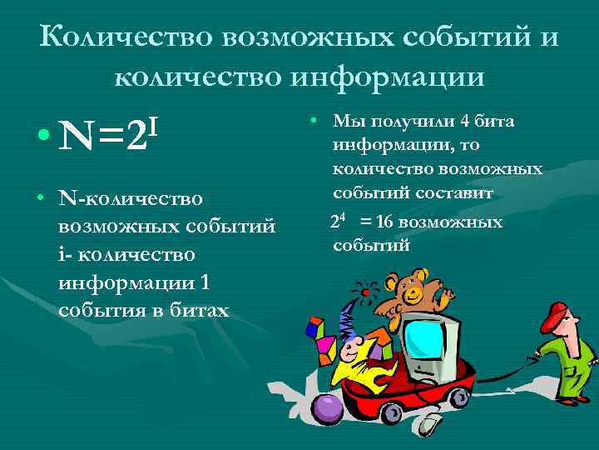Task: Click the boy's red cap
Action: (556, 314)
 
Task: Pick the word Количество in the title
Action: (122, 37)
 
